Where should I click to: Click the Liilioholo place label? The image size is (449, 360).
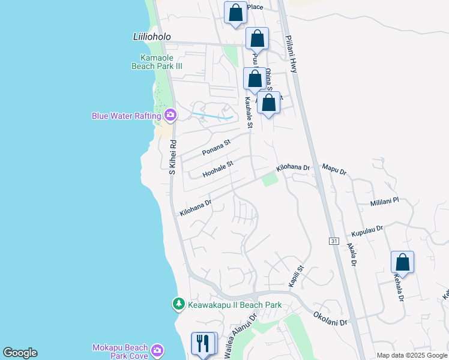[151, 37]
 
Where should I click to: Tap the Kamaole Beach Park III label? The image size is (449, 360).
[157, 62]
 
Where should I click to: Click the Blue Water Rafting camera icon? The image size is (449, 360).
[170, 115]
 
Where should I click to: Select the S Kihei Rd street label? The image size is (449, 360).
[172, 157]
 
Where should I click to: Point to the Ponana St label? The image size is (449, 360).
[216, 148]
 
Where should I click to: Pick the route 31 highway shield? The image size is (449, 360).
[334, 241]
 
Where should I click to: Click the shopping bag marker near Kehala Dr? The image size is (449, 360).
[402, 262]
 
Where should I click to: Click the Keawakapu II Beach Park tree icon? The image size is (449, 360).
[178, 305]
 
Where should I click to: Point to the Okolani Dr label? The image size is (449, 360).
[330, 318]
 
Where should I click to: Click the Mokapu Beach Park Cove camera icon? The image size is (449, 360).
[157, 350]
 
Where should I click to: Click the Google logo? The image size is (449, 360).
[20, 353]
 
